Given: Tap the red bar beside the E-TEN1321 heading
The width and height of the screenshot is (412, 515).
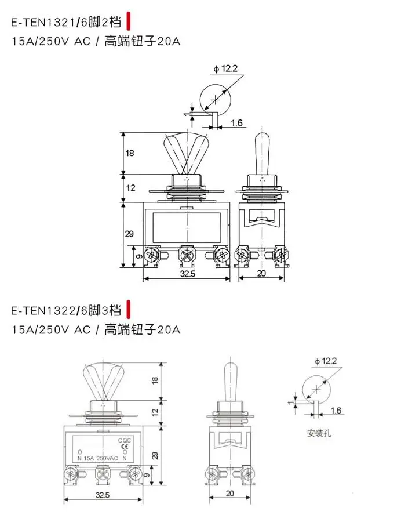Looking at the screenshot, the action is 129,21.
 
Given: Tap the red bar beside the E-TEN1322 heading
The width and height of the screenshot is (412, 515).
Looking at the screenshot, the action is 129,309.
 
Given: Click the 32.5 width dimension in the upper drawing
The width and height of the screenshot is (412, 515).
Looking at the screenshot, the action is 187,274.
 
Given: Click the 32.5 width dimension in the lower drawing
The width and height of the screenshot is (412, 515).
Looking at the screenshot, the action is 103,495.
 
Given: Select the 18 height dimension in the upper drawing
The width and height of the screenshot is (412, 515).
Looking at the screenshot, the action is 130,153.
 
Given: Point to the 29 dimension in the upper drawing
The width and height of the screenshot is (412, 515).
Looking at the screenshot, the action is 129,234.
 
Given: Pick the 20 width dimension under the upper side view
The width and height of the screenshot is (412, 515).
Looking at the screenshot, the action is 261,273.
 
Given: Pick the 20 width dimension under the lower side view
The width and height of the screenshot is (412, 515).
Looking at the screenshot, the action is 230,493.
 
